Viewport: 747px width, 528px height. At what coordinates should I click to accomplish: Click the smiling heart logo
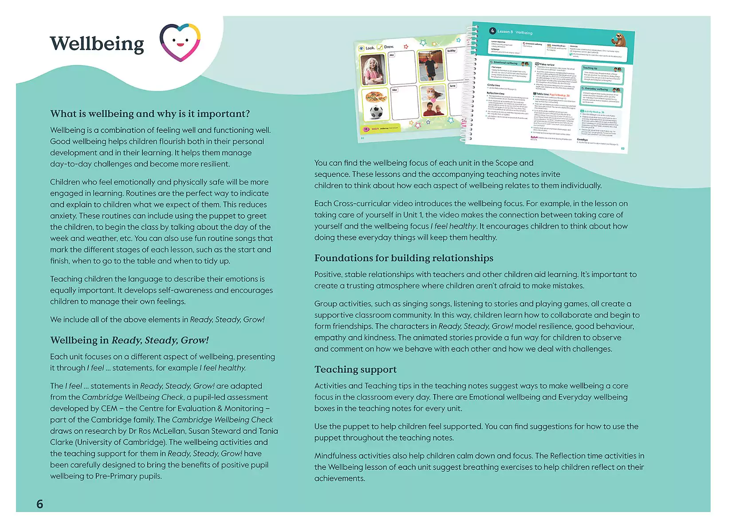180,43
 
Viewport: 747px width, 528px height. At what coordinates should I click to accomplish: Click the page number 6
40,504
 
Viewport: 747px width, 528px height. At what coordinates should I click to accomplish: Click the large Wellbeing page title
97,44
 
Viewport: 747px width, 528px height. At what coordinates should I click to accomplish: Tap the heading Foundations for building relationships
404,258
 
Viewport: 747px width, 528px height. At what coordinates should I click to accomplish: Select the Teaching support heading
355,370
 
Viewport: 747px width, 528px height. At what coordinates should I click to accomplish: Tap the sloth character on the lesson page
620,40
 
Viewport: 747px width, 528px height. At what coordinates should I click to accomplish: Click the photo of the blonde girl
373,70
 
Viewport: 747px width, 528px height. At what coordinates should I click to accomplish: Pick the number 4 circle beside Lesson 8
492,31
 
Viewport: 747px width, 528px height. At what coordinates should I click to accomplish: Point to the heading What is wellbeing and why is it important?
150,114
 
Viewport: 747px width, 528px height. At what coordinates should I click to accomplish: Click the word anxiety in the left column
63,216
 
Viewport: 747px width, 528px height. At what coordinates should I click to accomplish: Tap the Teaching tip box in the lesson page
602,75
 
